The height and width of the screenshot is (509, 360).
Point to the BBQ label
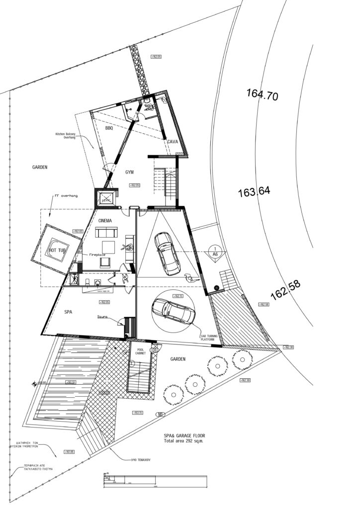coord(109,128)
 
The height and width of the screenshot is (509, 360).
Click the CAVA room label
coord(173,142)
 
